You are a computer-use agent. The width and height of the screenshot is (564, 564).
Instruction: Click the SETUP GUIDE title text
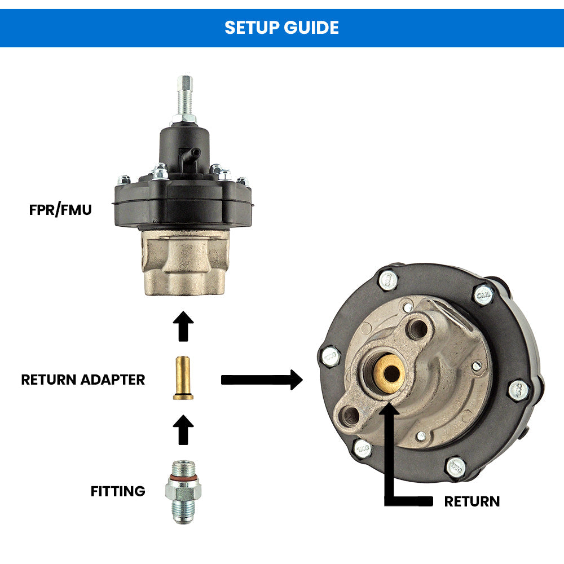(281, 28)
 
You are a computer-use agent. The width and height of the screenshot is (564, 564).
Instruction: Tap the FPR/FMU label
(60, 210)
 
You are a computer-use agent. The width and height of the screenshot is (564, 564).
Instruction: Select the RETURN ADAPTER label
(83, 380)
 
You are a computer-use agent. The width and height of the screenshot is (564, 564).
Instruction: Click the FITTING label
(118, 491)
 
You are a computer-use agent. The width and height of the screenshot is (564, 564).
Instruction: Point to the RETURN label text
(472, 501)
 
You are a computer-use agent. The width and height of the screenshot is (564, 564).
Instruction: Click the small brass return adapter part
(183, 378)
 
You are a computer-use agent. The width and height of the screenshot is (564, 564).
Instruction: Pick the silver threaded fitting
(183, 491)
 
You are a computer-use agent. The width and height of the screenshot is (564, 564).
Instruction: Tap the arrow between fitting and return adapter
(183, 430)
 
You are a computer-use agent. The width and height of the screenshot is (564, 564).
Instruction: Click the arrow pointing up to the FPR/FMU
(183, 325)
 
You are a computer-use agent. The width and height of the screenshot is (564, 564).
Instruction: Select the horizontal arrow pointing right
(262, 380)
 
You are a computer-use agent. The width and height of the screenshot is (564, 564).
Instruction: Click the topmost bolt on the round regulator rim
(387, 279)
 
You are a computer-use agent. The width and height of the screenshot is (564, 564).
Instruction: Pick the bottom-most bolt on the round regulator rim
(455, 468)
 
